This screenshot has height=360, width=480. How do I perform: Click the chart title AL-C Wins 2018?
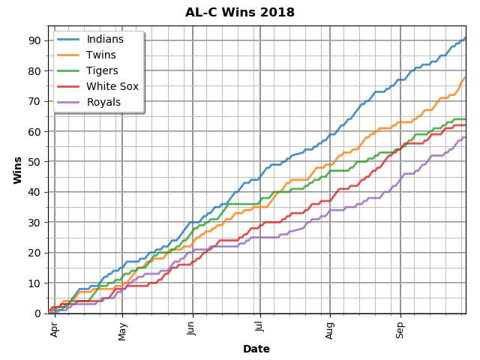click(240, 13)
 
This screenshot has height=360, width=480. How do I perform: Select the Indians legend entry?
click(105, 40)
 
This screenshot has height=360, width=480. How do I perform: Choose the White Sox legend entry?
click(112, 87)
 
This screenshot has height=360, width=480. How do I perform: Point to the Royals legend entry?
click(104, 103)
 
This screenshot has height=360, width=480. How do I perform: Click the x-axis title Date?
click(256, 349)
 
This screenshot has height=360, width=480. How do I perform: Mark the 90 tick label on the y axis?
click(34, 40)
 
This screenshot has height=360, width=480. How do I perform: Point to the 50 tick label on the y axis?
click(34, 162)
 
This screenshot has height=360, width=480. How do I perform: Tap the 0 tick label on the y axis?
click(37, 313)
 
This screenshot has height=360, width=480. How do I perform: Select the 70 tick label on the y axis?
click(34, 101)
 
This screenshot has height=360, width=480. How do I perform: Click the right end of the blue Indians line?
click(466, 37)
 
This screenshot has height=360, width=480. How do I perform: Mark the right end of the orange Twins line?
click(466, 76)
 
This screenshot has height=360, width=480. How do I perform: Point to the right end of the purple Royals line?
click(466, 137)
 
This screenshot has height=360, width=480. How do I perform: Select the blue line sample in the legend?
click(69, 40)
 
